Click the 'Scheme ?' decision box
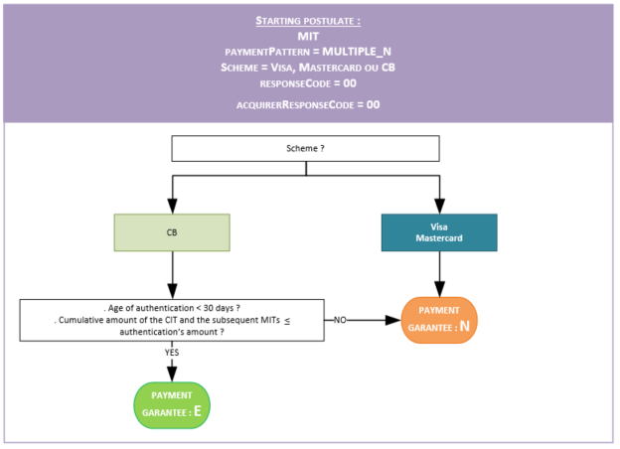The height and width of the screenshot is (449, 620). [x=305, y=148]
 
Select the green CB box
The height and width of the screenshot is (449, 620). [x=172, y=232]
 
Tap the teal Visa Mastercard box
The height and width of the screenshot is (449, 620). [x=438, y=232]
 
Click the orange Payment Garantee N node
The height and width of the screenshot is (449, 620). [x=438, y=320]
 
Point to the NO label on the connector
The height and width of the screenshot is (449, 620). [x=340, y=321]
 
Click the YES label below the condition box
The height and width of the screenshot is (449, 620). [x=172, y=352]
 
